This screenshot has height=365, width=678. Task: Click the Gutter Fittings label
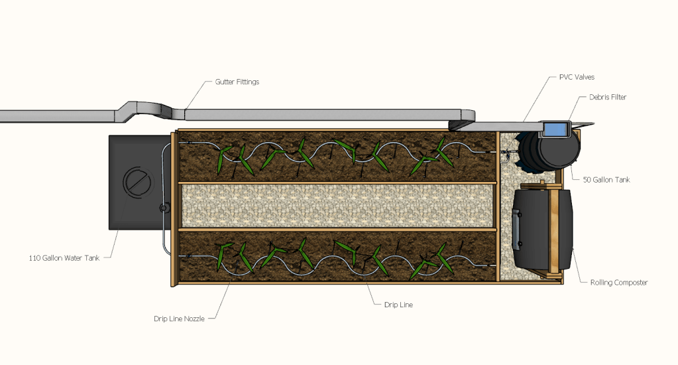point(237,82)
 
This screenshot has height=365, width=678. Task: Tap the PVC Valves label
point(577,77)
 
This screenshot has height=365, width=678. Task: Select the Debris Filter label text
point(608,97)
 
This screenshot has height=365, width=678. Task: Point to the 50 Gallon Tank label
point(606,180)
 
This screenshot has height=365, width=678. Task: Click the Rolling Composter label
point(619,282)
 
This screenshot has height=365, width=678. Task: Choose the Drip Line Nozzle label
point(179,319)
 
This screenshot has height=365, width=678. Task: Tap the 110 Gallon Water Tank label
point(64,258)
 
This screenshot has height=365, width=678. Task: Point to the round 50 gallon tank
point(549,149)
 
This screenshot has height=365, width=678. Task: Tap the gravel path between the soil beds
point(338,206)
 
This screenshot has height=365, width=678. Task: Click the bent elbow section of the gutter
point(149,111)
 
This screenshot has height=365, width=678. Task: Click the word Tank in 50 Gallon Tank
point(621,180)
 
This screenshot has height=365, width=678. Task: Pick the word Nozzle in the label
point(194,319)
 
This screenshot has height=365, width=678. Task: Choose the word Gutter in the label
point(225,82)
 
